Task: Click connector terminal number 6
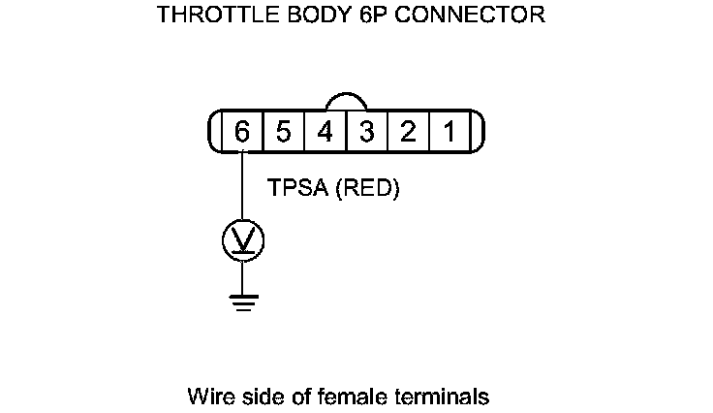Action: pos(241,131)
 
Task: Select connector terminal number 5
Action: pos(283,131)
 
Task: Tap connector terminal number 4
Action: pos(325,131)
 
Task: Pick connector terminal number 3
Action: pos(366,131)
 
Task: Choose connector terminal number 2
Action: pos(408,131)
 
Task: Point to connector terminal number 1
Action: pos(449,131)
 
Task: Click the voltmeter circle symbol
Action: pos(242,238)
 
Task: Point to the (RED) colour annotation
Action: pos(366,189)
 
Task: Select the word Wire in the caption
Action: pos(206,397)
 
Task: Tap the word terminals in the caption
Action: pos(442,397)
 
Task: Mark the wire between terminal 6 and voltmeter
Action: pos(241,184)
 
